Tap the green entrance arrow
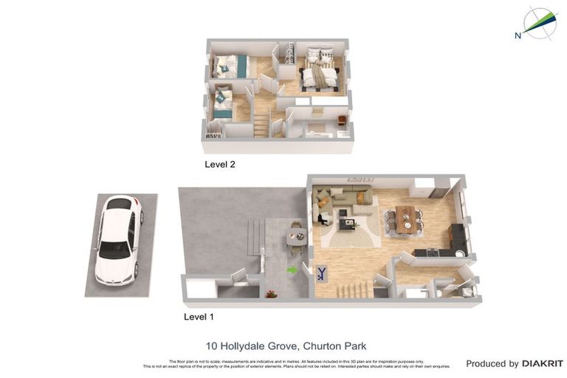[x=292, y=269]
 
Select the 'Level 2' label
[x=219, y=165]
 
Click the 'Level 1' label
[x=199, y=317]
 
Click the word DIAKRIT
[x=543, y=363]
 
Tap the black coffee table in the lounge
[x=345, y=219]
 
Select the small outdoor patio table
[x=296, y=236]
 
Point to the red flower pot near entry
[x=272, y=294]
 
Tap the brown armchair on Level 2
[x=341, y=120]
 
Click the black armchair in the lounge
[x=323, y=218]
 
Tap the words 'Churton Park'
[x=334, y=346]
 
